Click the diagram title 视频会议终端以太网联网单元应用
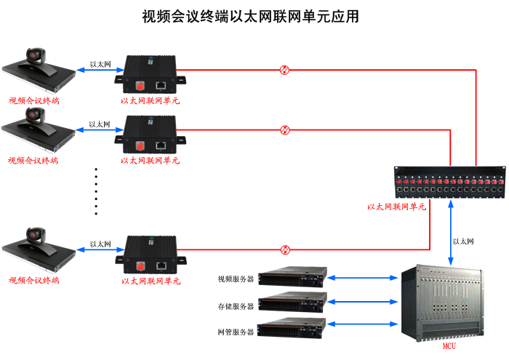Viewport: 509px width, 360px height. pos(251,17)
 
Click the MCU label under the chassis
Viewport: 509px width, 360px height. pos(449,347)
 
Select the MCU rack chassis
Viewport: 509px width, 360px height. pos(448,302)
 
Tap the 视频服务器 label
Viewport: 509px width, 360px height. pos(236,279)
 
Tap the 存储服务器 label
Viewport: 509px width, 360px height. pos(236,305)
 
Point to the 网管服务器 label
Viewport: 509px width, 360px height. pos(236,332)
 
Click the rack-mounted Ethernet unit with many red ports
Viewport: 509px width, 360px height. pos(449,183)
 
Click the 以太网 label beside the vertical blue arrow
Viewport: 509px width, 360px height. pos(463,241)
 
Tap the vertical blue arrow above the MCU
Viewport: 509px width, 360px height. pos(451,231)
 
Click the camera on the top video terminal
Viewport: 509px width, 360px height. pos(36,56)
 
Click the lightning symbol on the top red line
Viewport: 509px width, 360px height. pos(285,70)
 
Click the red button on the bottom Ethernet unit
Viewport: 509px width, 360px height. pos(139,264)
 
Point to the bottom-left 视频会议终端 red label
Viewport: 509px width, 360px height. pos(33,280)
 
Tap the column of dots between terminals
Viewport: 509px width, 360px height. pos(96,191)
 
